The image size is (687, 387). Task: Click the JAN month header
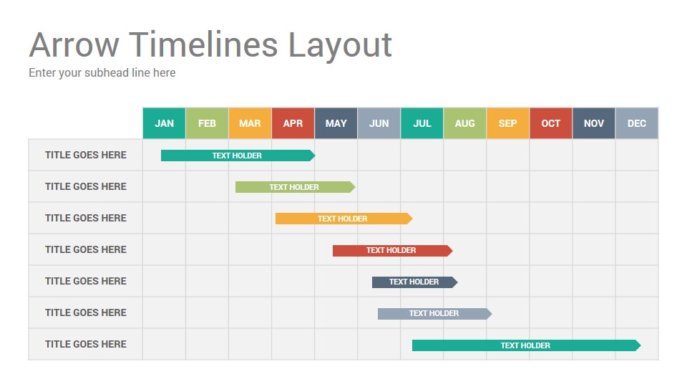point(164,123)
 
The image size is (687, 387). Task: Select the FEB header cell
point(207,123)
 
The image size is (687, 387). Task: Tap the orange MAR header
point(250,123)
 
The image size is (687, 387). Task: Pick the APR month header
point(293,123)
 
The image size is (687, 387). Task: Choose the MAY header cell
point(336,123)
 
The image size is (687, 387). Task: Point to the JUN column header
point(379,123)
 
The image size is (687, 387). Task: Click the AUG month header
point(464,123)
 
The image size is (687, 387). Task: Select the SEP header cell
point(507,123)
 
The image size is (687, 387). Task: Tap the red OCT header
point(550,123)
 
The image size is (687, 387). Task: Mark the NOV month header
point(593,123)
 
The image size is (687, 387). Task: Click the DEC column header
point(636,123)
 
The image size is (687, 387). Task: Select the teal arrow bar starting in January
point(237,156)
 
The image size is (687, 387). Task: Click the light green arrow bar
point(294,187)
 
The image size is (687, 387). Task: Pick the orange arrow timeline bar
point(343,219)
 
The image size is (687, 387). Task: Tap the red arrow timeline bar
point(391,250)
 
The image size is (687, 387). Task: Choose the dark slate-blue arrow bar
point(414,282)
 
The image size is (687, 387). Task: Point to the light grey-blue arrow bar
point(434,313)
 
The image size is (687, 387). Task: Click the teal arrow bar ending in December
point(525,345)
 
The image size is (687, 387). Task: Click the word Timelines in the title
point(203,44)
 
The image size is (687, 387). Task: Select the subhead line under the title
point(102,72)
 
